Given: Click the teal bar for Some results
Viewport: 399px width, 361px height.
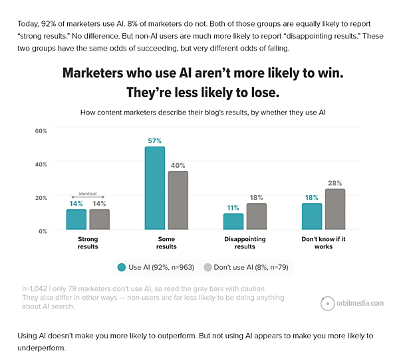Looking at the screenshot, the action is [x=155, y=188].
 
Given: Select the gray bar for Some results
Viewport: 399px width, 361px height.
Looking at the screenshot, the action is [x=178, y=200].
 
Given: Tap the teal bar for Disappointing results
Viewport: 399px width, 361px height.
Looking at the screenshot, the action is [x=233, y=222].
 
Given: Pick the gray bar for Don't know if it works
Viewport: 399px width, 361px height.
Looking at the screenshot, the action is [x=335, y=209].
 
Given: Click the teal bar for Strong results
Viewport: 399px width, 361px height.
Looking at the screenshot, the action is [x=76, y=220].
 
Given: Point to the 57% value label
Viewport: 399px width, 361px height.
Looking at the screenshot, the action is [x=155, y=141].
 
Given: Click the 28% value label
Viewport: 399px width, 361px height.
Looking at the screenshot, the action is [x=335, y=183].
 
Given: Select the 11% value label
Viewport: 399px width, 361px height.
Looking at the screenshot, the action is [x=233, y=208].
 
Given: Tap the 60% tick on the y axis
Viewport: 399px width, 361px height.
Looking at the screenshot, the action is [x=41, y=131].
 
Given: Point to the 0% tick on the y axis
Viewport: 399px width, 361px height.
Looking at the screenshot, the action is [x=43, y=231].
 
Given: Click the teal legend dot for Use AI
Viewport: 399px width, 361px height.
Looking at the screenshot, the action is [x=122, y=267].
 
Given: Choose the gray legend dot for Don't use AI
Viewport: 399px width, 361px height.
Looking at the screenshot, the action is [x=207, y=267].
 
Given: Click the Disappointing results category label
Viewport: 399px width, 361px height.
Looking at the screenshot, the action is [x=245, y=242].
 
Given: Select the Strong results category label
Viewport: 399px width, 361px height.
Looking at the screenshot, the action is [x=88, y=242].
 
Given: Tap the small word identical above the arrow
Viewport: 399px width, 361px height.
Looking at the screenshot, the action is [x=88, y=194].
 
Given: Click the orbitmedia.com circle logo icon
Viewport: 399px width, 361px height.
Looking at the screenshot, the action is [x=327, y=304].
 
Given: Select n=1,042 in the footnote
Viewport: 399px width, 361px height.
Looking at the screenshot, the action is [x=35, y=288].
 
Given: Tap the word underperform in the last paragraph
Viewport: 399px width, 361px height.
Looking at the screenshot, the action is [x=41, y=348].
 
